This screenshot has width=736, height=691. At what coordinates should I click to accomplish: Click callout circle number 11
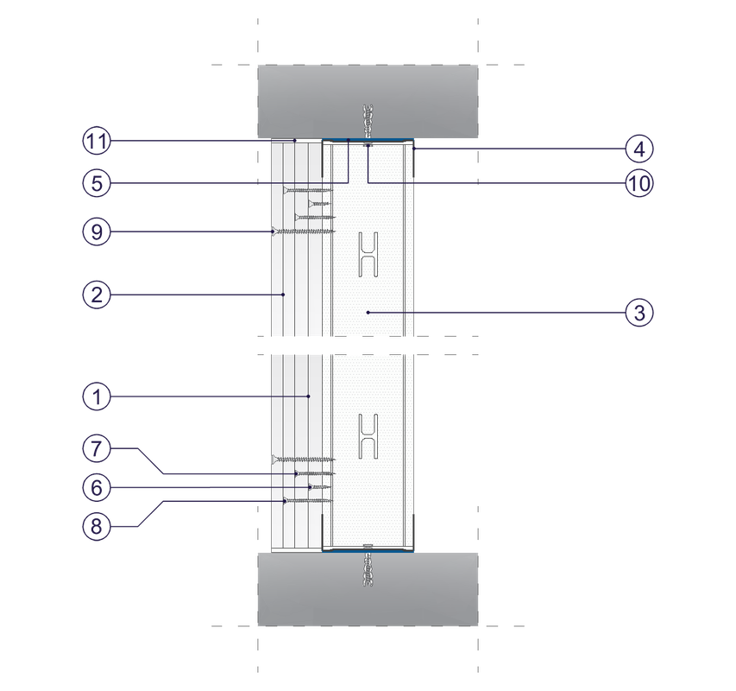[97, 141]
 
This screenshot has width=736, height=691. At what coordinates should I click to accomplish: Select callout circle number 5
[97, 183]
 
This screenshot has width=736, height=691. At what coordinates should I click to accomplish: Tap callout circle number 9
[97, 231]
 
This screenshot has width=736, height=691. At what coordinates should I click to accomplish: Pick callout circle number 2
[97, 295]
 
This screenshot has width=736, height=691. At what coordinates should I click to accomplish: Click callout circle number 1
[97, 396]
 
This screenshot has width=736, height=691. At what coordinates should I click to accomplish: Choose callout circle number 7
[97, 448]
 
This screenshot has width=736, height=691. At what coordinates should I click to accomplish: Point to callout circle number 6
[97, 487]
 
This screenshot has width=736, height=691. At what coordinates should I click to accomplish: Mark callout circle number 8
[97, 526]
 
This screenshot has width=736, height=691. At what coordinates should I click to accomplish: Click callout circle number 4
[639, 149]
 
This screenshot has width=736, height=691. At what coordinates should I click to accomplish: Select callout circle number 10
[639, 183]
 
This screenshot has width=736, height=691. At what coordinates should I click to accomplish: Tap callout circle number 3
[639, 313]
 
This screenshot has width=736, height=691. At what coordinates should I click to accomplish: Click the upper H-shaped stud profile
[368, 254]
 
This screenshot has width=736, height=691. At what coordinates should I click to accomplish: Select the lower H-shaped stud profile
[368, 436]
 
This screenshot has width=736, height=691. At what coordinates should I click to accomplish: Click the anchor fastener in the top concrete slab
[368, 122]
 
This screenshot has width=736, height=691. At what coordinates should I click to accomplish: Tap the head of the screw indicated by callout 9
[274, 231]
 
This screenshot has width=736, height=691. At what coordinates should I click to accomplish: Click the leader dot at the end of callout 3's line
[368, 313]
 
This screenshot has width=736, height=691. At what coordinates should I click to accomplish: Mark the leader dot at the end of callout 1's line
[308, 396]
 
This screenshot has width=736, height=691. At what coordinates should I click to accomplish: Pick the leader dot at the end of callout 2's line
[283, 295]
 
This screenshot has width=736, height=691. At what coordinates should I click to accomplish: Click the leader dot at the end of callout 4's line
[413, 149]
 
